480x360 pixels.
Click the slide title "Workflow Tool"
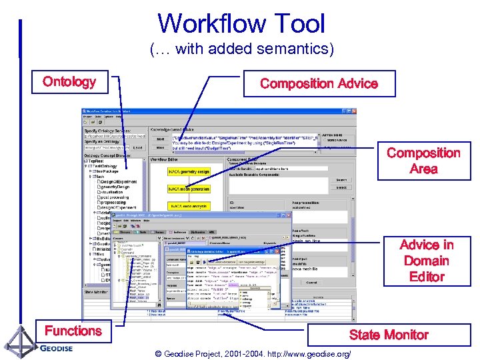(x=241, y=23)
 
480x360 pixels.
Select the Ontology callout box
(x=69, y=82)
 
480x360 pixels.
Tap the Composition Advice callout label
(x=319, y=84)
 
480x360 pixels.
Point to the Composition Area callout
(x=423, y=161)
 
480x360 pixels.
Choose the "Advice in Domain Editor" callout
(x=427, y=261)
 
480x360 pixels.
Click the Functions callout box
(x=73, y=331)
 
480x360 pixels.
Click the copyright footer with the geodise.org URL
(x=252, y=353)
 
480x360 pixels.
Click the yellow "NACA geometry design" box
(x=189, y=172)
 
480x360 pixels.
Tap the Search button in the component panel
(x=341, y=180)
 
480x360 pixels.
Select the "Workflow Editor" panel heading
(x=165, y=160)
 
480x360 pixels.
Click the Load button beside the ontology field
(x=137, y=147)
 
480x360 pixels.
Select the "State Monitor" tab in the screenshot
(x=97, y=292)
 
